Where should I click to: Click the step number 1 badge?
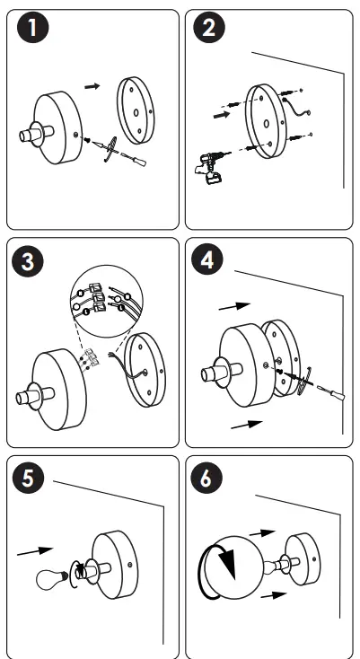[32, 28]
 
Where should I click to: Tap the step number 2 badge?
[209, 28]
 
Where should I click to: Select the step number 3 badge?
[28, 261]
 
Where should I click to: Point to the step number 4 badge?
[207, 260]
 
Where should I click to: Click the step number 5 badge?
[28, 479]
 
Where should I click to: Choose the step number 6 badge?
[206, 478]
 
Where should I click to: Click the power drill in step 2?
[211, 166]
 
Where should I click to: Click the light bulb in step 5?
[52, 580]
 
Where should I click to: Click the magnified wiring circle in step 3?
[107, 301]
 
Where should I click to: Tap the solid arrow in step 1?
[92, 86]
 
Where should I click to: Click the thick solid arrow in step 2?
[223, 114]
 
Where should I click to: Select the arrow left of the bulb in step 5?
[35, 551]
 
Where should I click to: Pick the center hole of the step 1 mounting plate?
[136, 112]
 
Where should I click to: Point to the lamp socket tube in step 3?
[35, 396]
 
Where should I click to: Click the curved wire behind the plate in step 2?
[295, 106]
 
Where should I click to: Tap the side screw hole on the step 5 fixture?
[130, 565]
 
